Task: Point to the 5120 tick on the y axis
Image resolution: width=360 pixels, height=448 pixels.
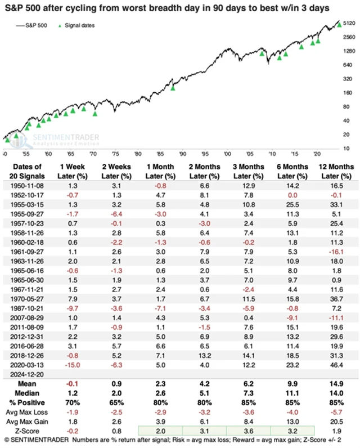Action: coord(349,23)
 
